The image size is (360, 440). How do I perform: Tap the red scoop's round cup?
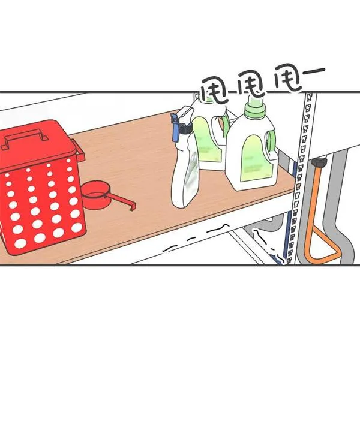[94, 195]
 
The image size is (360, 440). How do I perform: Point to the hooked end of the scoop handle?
[132, 206]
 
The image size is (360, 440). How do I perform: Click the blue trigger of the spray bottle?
[175, 128]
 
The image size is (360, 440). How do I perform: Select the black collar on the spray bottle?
[185, 129]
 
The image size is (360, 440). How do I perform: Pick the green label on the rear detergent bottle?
[208, 140]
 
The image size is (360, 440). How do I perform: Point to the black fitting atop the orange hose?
[319, 163]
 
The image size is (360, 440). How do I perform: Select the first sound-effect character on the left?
[215, 90]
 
